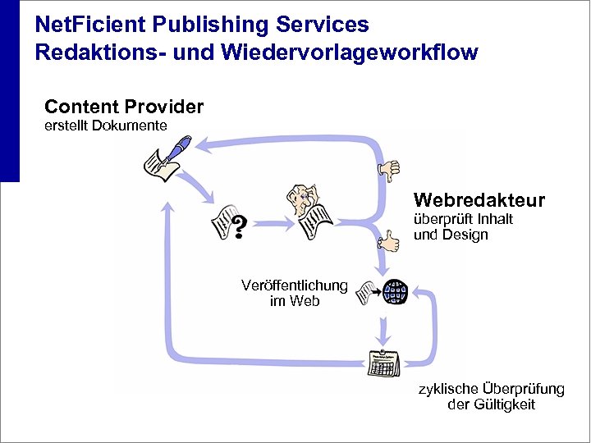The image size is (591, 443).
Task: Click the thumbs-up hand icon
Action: point(388,240)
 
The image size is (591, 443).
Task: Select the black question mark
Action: point(238,226)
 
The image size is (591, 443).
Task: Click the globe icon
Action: point(396,291)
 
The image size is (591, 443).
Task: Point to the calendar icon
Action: point(382,362)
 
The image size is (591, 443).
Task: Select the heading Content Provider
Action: point(124,107)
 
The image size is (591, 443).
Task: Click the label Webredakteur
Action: point(479,201)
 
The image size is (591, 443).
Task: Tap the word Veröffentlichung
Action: point(294,285)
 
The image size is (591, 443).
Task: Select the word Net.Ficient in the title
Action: point(83,25)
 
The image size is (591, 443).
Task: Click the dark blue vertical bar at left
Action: point(9,90)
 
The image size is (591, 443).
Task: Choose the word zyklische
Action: point(447,389)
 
